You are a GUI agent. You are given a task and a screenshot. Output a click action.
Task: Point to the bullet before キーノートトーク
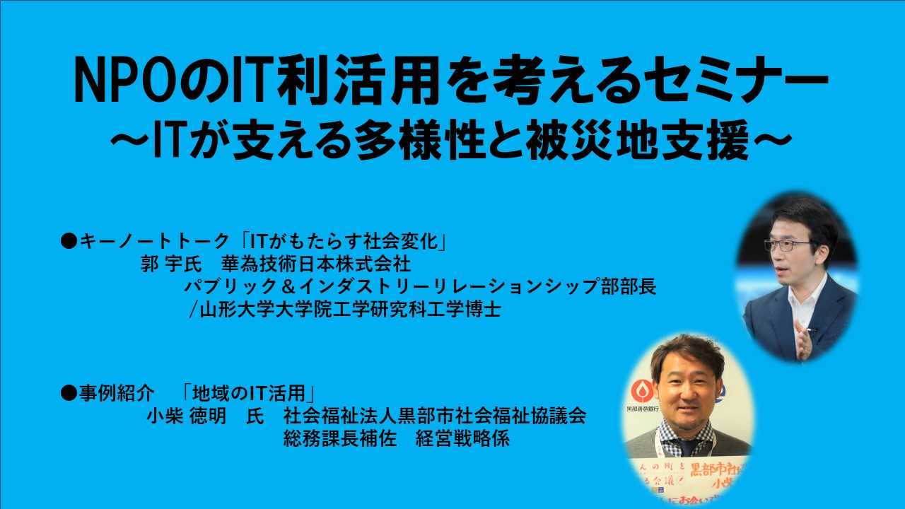click(69, 242)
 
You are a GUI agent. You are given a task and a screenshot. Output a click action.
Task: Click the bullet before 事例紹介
click(69, 392)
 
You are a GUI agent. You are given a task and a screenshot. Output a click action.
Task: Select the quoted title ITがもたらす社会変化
click(344, 242)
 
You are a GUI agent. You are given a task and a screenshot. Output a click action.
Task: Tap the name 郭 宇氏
click(171, 264)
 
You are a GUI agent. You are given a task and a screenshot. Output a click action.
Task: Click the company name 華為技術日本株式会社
click(316, 264)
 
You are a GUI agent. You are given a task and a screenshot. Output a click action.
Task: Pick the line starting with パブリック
click(420, 286)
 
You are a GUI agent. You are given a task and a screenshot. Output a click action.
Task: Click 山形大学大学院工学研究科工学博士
click(346, 310)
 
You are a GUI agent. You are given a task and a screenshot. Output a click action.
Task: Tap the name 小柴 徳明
click(186, 416)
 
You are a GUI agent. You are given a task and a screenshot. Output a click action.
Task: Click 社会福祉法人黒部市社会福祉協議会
click(435, 416)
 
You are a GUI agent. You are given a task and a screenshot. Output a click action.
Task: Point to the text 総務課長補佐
click(340, 439)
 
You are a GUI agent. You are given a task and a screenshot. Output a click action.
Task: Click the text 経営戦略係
click(462, 439)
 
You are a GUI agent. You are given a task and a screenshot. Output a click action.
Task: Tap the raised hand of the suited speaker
click(802, 339)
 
